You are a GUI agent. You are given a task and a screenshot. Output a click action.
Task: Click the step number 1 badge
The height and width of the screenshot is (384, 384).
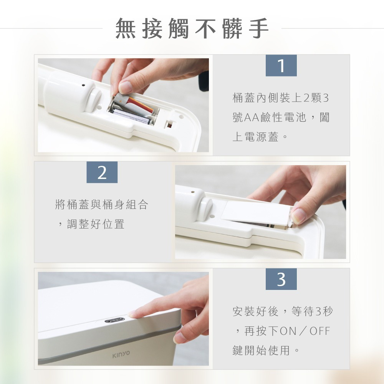tap(281, 66)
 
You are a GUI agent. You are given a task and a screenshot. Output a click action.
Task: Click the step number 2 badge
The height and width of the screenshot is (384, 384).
tap(102, 172)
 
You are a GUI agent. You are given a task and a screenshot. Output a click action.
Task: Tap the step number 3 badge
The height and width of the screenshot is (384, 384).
tap(281, 279)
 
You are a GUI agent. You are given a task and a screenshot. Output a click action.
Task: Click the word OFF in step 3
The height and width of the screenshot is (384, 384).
tap(320, 331)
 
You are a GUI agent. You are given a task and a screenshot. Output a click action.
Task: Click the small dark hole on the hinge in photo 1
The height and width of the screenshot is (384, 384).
tap(83, 86)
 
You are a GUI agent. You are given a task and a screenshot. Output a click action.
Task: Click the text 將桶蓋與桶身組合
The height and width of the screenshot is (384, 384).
tap(101, 205)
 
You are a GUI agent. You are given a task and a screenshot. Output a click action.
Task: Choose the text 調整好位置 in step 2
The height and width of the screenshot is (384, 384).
tap(96, 224)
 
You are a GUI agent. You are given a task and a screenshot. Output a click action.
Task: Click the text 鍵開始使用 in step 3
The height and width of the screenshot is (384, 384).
tap(261, 350)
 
